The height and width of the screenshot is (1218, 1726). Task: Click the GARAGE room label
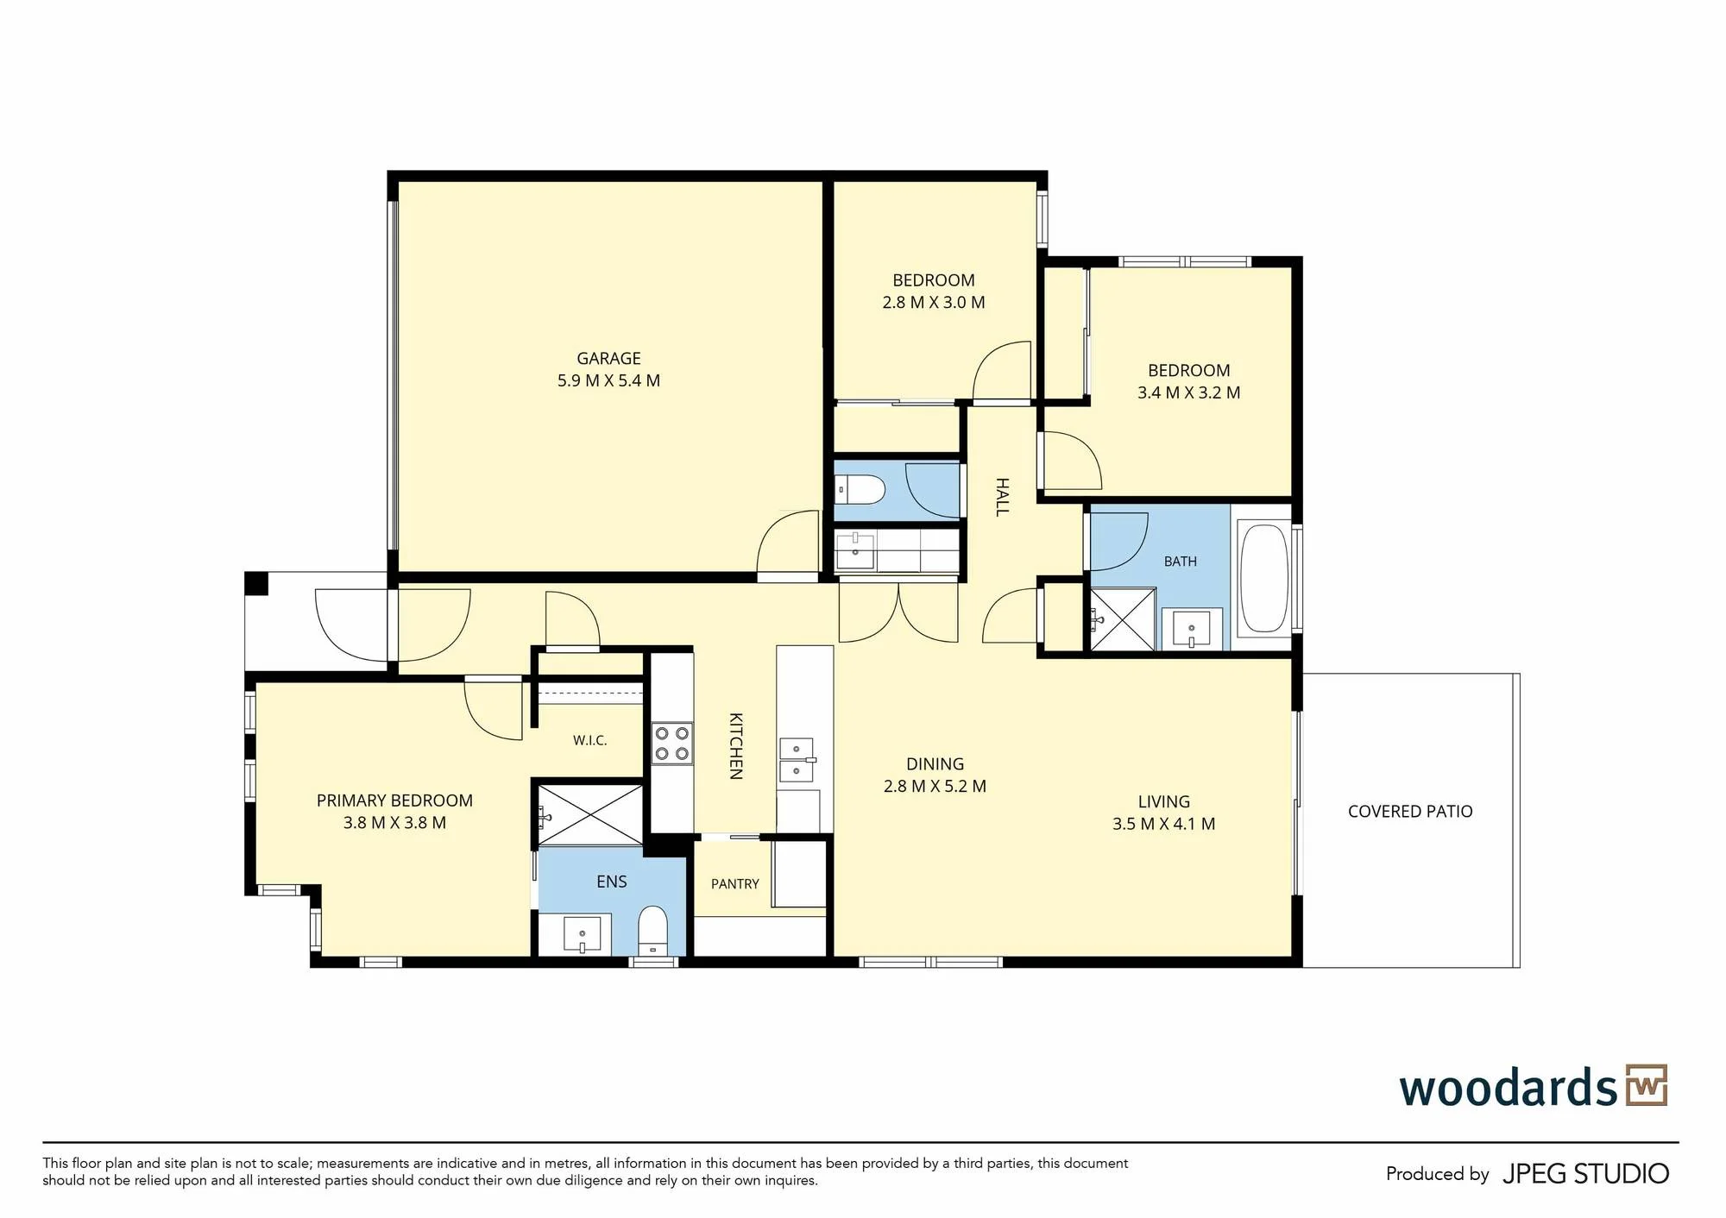coord(608,358)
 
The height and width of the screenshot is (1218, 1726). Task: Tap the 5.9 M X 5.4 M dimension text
coord(608,380)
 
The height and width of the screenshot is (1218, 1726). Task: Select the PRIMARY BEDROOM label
coord(394,800)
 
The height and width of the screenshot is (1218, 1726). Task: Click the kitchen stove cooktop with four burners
coord(671,743)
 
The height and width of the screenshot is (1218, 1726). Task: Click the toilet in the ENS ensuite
coord(653,930)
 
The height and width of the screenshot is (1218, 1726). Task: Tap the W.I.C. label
coord(590,740)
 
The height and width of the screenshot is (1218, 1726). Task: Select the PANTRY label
coord(735,884)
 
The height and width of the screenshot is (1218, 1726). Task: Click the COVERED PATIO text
coord(1410,812)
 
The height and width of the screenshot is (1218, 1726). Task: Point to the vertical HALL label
coord(1002,497)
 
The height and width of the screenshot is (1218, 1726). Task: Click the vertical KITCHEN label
coord(736,746)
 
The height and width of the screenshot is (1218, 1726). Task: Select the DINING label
coord(935,764)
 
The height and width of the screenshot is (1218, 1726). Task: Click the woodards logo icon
coord(1647,1085)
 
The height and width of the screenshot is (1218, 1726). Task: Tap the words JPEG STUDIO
coord(1585,1174)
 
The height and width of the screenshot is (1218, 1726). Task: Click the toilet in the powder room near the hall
coord(860,490)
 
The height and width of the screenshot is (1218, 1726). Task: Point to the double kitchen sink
coord(797,760)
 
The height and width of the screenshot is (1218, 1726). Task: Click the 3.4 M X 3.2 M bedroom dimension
coord(1188,392)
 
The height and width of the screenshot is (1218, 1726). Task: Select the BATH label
coord(1180,562)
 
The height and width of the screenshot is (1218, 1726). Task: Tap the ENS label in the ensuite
coord(612,882)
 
